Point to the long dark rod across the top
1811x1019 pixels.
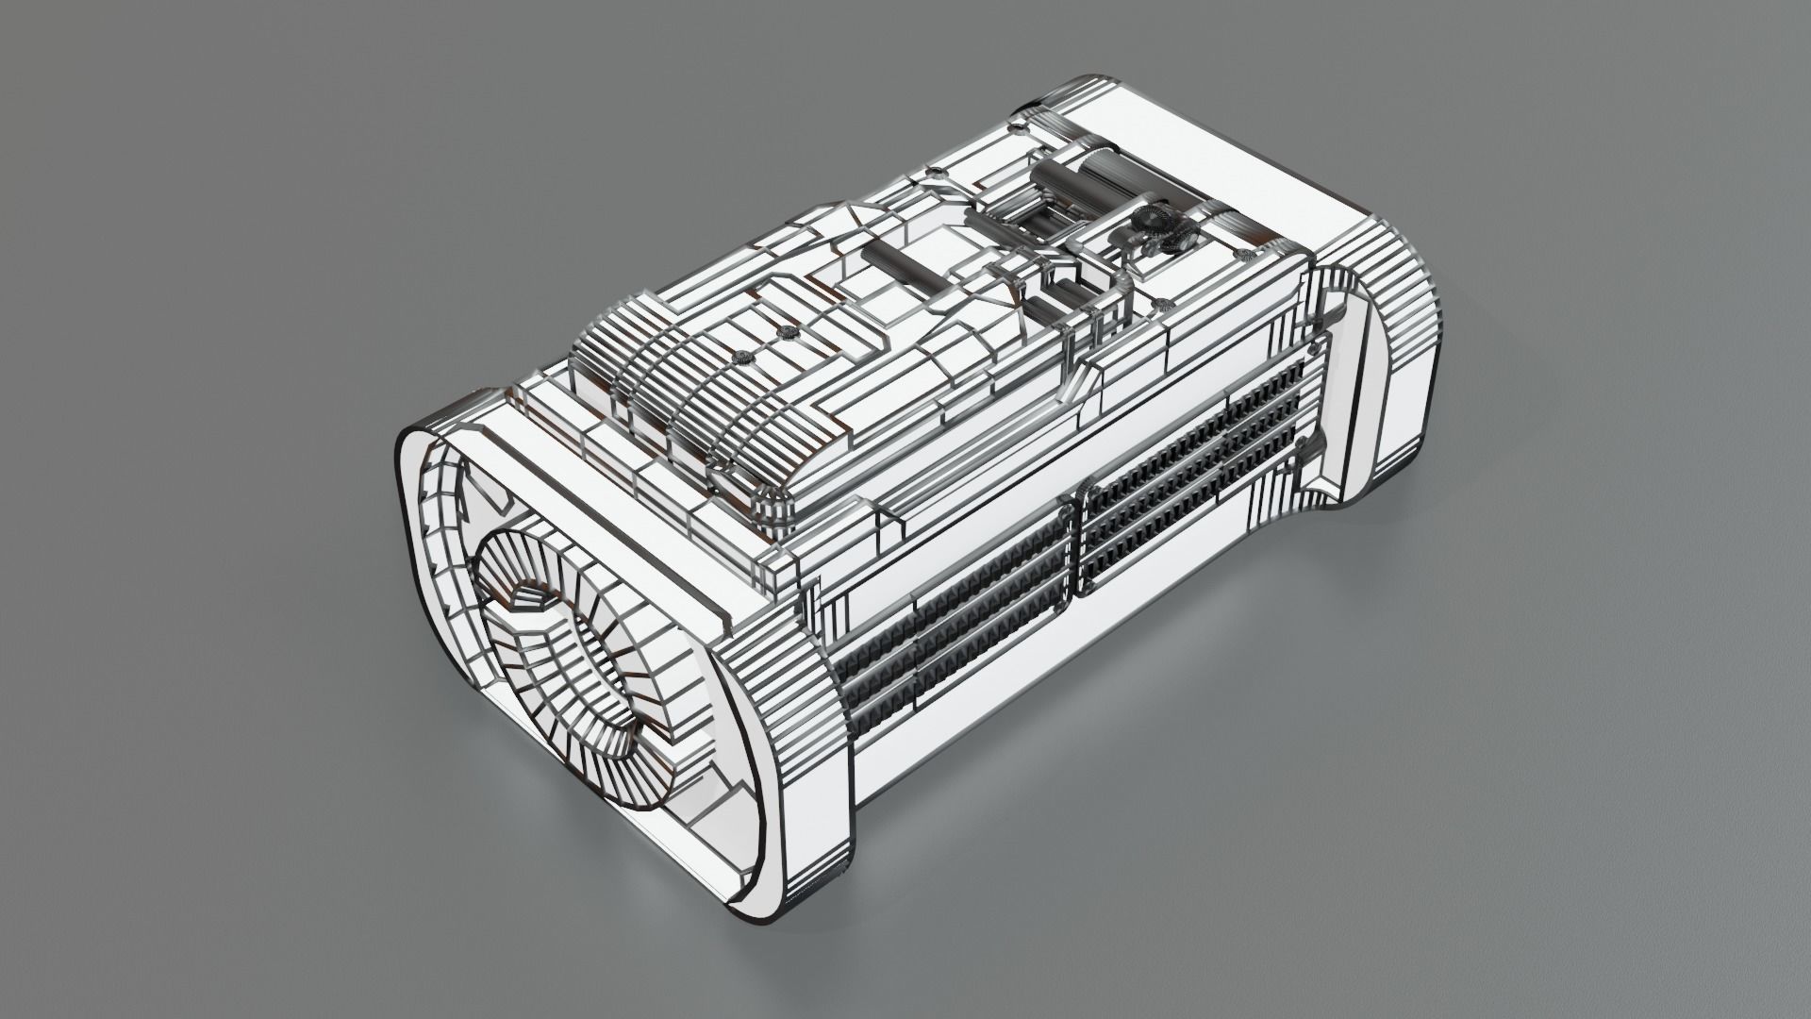(x=905, y=269)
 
